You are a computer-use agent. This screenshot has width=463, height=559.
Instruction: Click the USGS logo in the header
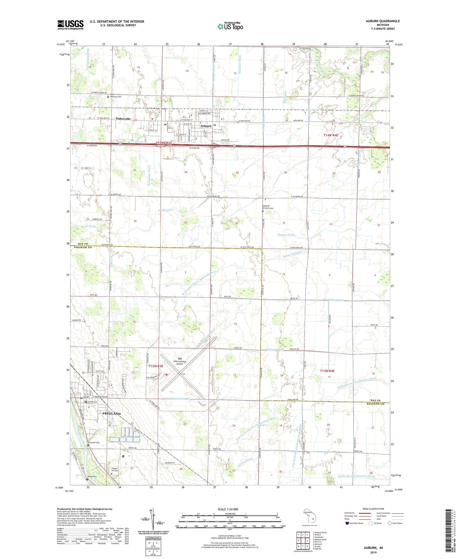point(70,25)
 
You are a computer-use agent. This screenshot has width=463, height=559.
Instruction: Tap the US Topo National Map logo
point(230,26)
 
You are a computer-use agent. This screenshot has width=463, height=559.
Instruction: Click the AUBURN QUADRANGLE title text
point(383,21)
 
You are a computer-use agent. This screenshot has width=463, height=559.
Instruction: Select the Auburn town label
point(206,126)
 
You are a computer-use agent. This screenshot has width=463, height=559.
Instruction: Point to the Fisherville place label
point(123,119)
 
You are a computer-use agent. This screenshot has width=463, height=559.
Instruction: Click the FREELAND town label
point(111,414)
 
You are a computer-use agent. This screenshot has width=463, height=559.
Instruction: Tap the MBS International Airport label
point(180,361)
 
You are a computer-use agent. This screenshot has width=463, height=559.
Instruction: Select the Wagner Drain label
point(286,235)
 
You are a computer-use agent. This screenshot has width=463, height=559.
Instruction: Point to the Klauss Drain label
point(336,300)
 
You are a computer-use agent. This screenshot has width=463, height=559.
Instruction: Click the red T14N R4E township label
point(331,135)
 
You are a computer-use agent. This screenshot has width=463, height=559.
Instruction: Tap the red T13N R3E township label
point(156,366)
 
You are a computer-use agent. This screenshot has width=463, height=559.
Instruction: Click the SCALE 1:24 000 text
point(228,509)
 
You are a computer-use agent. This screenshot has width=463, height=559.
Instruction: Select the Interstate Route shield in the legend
point(347,523)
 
